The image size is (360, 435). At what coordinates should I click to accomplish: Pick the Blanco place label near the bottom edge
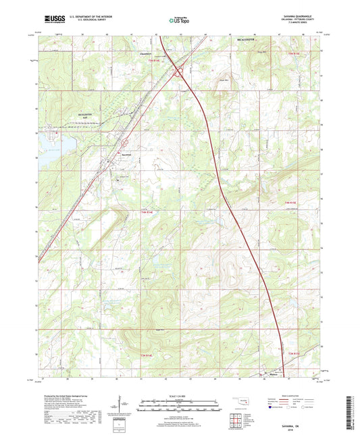tap(274, 375)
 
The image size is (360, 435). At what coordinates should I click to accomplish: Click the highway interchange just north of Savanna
tap(126, 143)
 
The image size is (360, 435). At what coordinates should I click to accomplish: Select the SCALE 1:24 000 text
tap(180, 394)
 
